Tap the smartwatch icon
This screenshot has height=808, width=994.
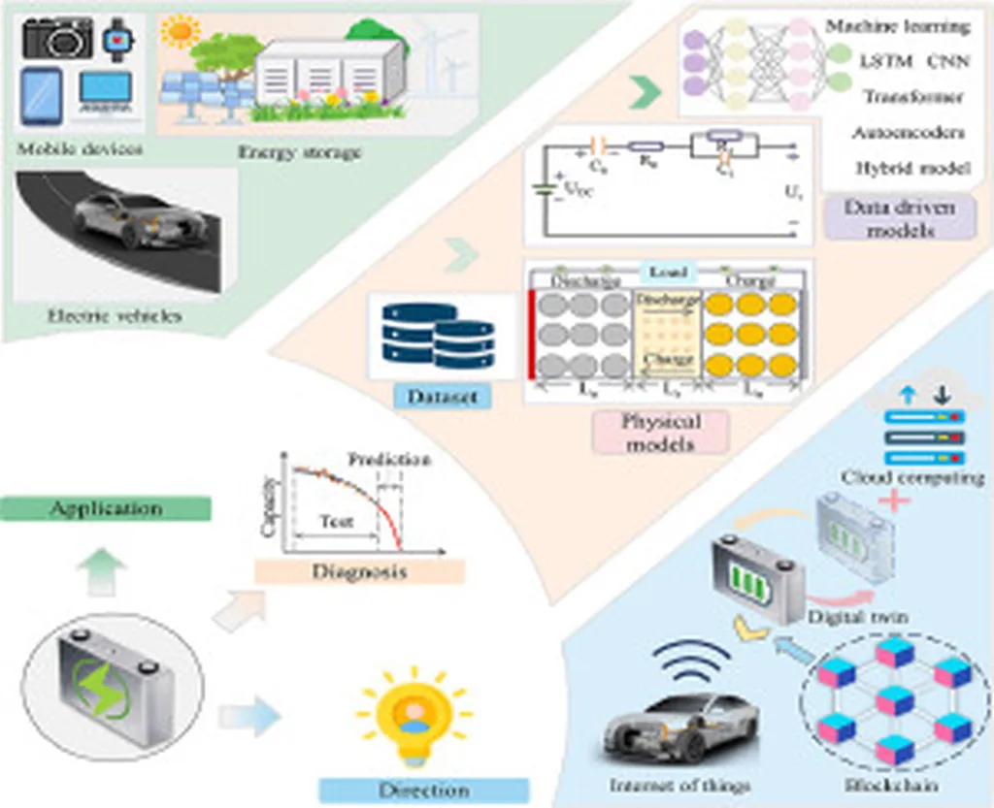pos(118,39)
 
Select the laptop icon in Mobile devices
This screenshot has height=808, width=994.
pos(105,95)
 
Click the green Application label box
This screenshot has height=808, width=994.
pos(107,508)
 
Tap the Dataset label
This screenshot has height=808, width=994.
pos(427,396)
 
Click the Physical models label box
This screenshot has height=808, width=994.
pos(660,433)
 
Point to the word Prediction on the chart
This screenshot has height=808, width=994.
pos(388,459)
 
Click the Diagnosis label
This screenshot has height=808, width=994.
pos(359,571)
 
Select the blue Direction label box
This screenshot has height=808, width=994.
pos(424,790)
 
